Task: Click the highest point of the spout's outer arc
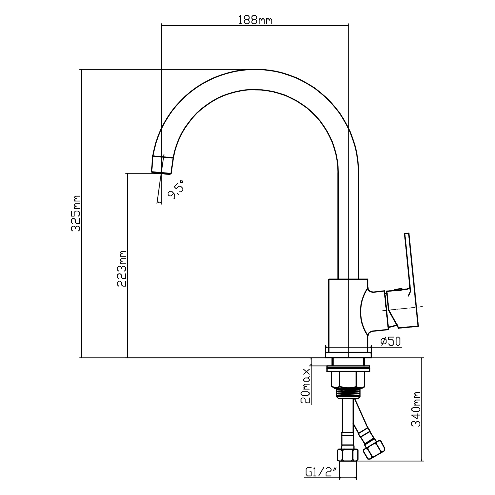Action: (x=254, y=69)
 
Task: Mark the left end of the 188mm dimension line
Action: (x=161, y=25)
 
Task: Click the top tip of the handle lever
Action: (x=407, y=233)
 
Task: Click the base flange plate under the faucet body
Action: (x=348, y=355)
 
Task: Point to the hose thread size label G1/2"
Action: (x=322, y=479)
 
